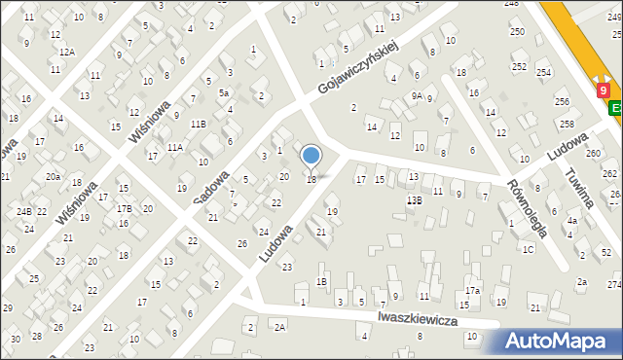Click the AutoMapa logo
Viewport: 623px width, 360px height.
click(562, 342)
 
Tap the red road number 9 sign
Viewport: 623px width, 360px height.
click(605, 90)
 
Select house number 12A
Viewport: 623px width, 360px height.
click(66, 52)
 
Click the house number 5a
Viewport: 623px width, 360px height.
click(223, 93)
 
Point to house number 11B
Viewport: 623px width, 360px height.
click(198, 124)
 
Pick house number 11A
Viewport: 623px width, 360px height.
click(174, 147)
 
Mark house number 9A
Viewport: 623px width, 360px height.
click(416, 95)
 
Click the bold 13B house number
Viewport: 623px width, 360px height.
click(414, 199)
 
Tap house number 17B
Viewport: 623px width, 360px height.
click(125, 208)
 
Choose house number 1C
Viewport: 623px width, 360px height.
click(528, 249)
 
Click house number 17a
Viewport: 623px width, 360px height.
click(472, 290)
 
